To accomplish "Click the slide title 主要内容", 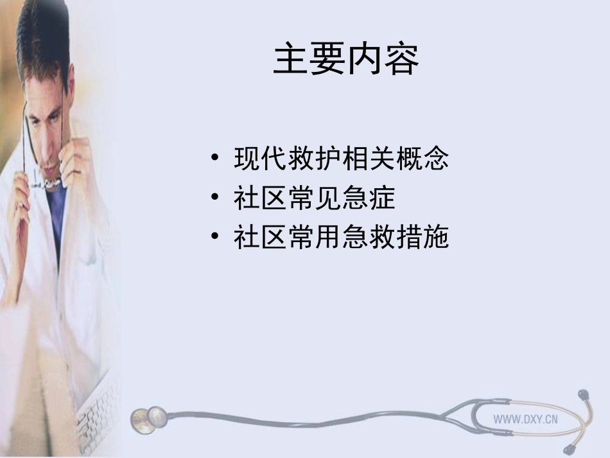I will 345,60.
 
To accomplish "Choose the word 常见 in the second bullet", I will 314,198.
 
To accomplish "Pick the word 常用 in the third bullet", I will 314,238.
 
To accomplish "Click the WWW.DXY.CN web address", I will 525,419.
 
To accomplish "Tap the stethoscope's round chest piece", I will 148,419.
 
